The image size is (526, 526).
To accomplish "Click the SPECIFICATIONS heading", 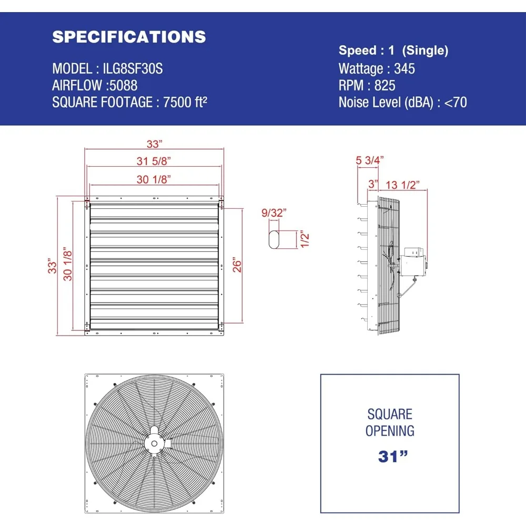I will pos(129,37).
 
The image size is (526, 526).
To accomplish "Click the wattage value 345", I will pos(404,68).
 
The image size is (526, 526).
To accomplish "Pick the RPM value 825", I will pos(385,85).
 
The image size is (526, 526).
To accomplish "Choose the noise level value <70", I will pos(456,102).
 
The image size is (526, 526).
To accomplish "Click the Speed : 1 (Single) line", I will pos(393,50).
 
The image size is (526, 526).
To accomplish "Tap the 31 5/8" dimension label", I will pos(154,160).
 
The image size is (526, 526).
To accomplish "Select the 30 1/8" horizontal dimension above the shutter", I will pos(154,179).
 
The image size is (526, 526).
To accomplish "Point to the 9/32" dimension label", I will pos(274,213).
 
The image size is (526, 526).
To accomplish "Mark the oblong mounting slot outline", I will pos(274,239).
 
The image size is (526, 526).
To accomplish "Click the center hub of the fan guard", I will pos(154,443).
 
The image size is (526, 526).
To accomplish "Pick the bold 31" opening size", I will pos(390,456).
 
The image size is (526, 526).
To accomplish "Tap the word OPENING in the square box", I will pos(390,431).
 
